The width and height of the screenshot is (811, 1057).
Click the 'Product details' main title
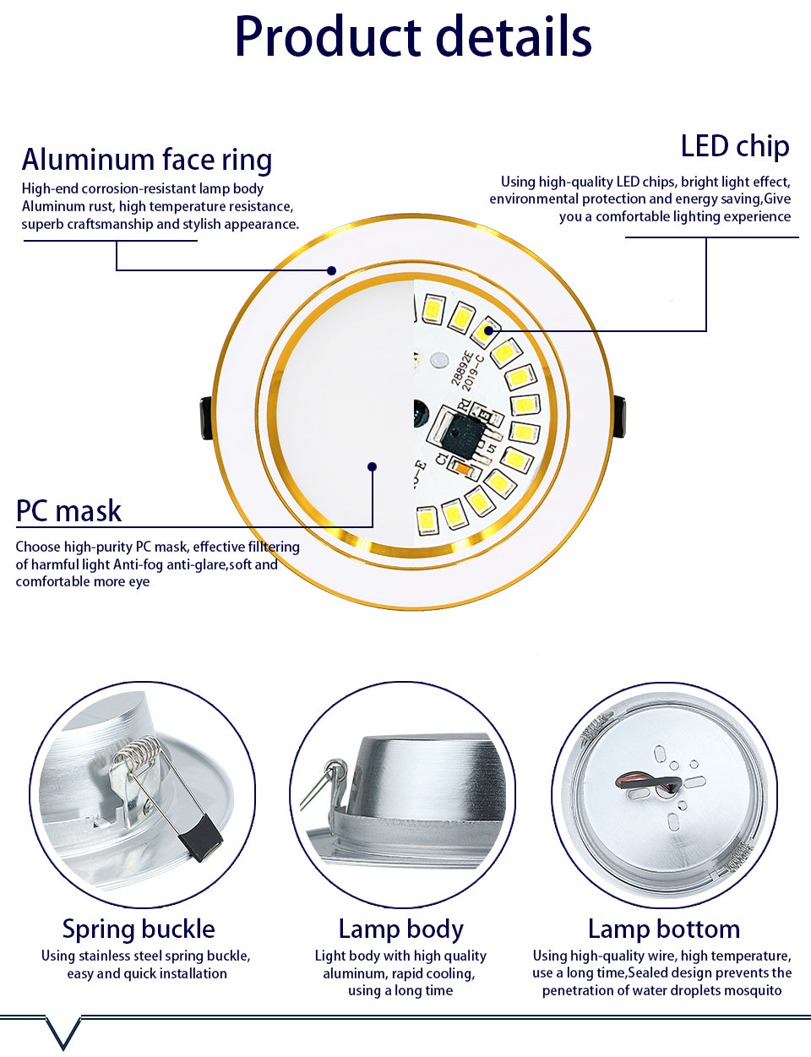412,37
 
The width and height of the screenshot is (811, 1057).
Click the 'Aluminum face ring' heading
147,159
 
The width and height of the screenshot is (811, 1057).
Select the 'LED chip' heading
734,146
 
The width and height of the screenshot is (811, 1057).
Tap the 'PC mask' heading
68,511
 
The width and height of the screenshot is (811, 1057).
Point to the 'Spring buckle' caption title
139,929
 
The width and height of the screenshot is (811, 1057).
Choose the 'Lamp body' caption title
400,929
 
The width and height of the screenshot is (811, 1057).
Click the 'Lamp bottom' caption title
663,929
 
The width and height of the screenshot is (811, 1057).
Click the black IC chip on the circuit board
463,436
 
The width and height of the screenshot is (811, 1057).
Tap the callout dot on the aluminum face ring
332,270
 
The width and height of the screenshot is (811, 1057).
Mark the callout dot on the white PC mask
372,466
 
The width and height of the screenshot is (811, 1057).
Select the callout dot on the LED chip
487,330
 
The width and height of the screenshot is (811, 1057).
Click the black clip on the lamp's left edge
206,418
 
